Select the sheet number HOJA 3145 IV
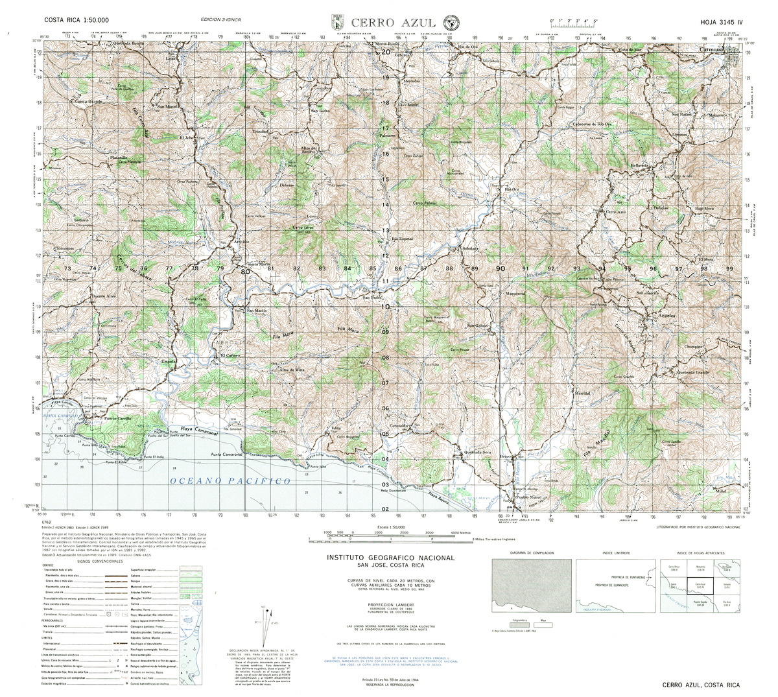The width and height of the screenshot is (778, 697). tap(720, 21)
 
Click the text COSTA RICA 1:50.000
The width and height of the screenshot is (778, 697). tap(73, 21)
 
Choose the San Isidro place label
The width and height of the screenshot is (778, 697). tap(320, 111)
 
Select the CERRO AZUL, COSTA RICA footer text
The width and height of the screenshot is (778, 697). tap(701, 685)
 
